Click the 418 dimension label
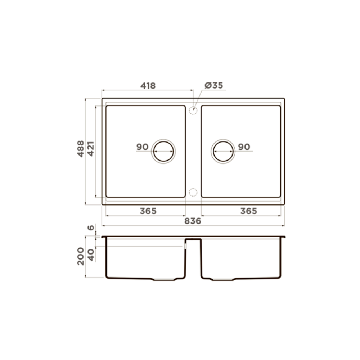(148, 86)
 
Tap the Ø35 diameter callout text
(214, 85)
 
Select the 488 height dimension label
(81, 149)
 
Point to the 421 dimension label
(91, 149)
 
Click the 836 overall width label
(193, 221)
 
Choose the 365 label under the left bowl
(148, 211)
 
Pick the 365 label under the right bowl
(249, 211)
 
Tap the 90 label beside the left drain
(142, 147)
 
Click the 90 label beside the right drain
(244, 147)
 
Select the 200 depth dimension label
(81, 256)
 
